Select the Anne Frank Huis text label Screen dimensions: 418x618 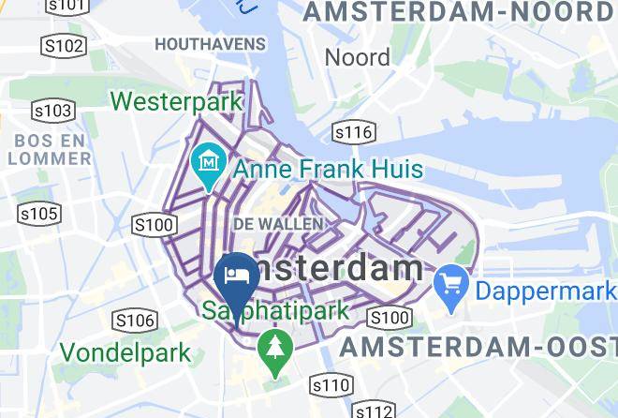(x=328, y=171)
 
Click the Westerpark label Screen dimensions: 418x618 (x=177, y=100)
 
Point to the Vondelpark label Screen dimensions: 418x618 (x=125, y=353)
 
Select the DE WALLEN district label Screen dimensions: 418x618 (x=278, y=224)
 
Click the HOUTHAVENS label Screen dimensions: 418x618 (x=211, y=44)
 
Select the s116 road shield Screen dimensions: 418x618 (x=354, y=132)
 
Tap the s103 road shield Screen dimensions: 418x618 (x=53, y=111)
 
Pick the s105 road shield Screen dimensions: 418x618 (x=39, y=215)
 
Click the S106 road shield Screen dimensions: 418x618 (x=134, y=321)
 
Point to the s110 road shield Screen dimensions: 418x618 (x=331, y=384)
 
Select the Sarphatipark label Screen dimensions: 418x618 (x=277, y=310)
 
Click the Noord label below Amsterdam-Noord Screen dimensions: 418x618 (x=357, y=57)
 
